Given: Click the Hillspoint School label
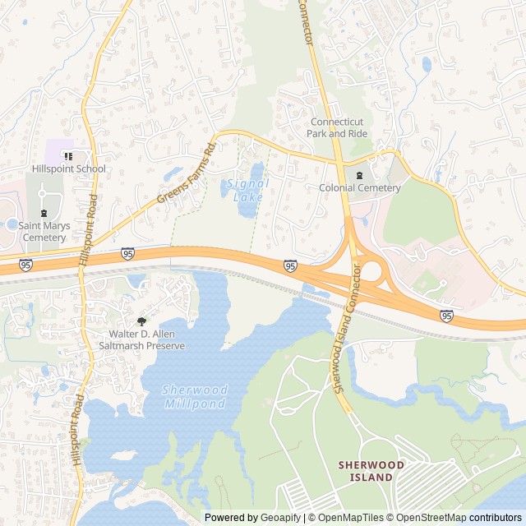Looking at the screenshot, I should tap(69, 169).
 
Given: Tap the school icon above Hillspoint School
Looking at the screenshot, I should tap(69, 155).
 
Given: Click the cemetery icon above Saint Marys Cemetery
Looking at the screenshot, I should tap(44, 213).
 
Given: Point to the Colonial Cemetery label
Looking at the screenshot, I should tap(360, 188).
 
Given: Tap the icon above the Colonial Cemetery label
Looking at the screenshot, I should tap(359, 174).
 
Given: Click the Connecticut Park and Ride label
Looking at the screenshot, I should tap(337, 127).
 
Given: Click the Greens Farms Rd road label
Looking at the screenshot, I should tap(187, 174).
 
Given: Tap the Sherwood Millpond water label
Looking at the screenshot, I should tap(194, 397).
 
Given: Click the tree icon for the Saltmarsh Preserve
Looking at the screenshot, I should tap(141, 321).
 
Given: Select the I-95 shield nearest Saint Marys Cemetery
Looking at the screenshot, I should tap(26, 265).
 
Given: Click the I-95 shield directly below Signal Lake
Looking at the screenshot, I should tap(291, 265).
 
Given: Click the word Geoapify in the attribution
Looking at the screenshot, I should tap(279, 518).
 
